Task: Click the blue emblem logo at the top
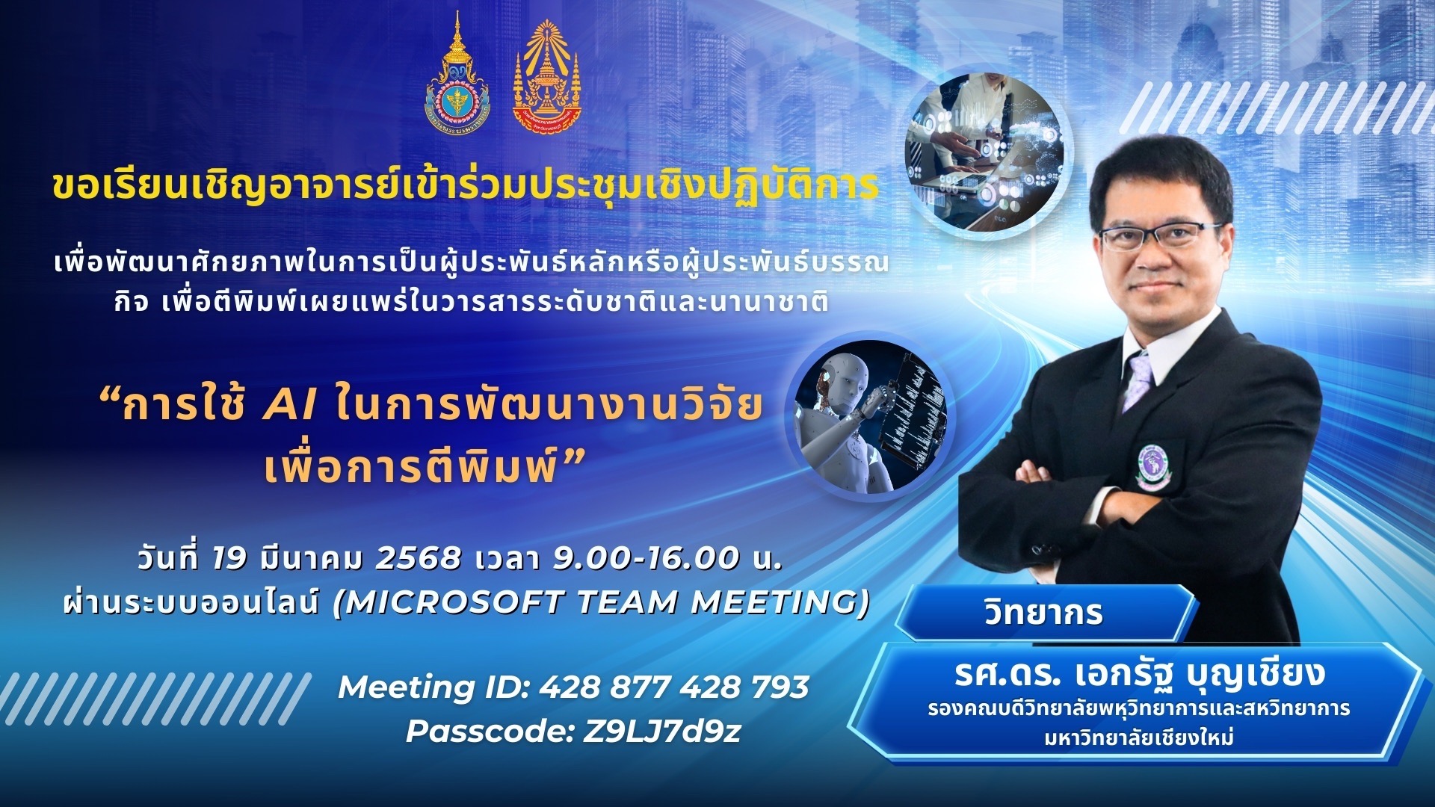coord(457,73)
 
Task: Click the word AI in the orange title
coord(291,406)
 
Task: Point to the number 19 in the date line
coord(229,558)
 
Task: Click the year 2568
coord(418,558)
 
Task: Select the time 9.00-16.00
coord(646,558)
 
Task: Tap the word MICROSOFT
coord(455,602)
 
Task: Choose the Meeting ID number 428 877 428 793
coord(673,687)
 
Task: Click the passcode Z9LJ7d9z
coord(661,732)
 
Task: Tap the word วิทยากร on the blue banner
coord(1043,613)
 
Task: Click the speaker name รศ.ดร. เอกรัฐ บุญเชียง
coord(1139,671)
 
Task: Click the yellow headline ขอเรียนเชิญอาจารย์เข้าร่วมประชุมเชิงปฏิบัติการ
coord(465,186)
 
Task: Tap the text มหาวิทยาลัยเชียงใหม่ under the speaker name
coord(1139,738)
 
